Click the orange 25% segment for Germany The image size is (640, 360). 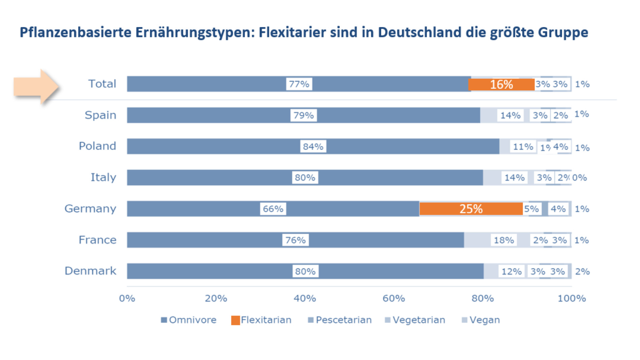(471, 209)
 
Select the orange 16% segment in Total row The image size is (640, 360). (501, 84)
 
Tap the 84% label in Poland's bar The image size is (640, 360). (313, 146)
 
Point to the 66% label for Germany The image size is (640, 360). (273, 209)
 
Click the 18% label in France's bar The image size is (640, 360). (504, 240)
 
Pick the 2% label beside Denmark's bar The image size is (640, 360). (582, 271)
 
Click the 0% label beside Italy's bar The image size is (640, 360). (579, 177)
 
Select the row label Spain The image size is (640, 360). (100, 115)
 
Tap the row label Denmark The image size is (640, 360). (90, 271)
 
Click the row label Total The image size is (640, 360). (102, 84)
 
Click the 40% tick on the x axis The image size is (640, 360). (305, 298)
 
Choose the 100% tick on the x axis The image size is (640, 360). (572, 298)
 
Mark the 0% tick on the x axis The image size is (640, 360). (127, 298)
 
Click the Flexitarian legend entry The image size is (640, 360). (261, 320)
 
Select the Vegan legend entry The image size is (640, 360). (481, 320)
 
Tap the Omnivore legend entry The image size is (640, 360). (189, 320)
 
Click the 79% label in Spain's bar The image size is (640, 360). (303, 115)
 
